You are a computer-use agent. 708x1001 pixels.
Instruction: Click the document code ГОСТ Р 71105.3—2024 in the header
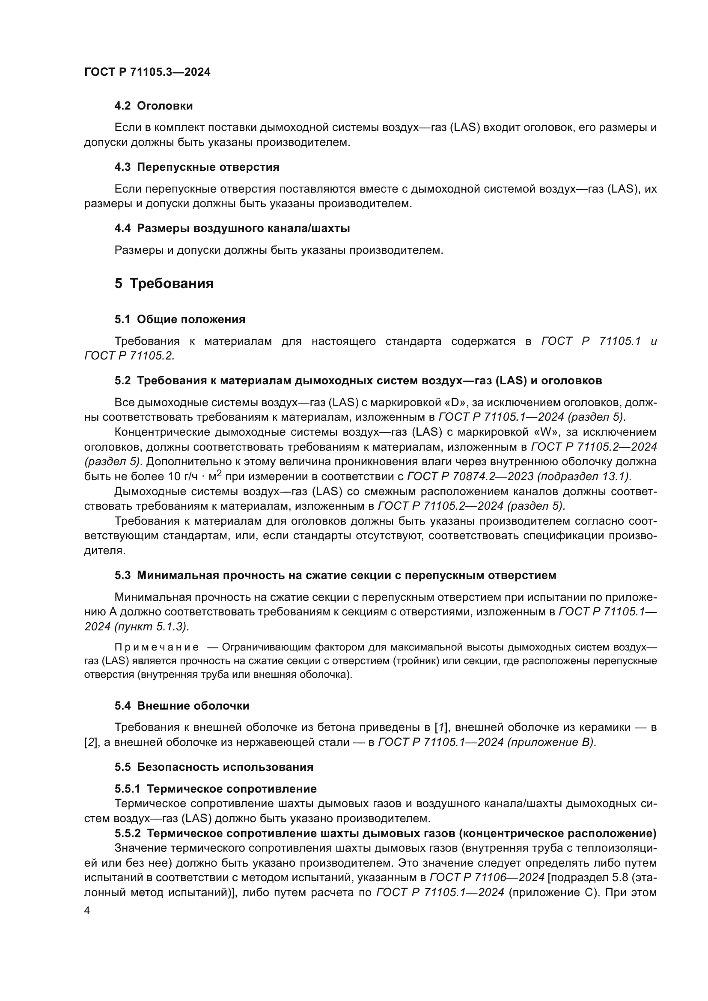point(147,72)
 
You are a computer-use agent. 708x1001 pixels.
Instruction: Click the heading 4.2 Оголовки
point(154,106)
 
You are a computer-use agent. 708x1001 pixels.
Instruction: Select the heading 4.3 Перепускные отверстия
point(196,167)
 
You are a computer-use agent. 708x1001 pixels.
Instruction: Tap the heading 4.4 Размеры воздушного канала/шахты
point(232,228)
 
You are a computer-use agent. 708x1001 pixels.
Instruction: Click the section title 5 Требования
point(164,283)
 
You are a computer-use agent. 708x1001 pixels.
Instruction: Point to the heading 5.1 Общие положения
point(180,319)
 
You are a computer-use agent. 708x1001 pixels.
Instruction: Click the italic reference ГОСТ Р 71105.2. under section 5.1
point(129,356)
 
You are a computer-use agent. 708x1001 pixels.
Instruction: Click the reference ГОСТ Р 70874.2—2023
point(470,476)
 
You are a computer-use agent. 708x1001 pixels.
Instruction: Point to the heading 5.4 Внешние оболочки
point(182,705)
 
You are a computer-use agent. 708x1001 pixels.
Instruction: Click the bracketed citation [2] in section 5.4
point(90,742)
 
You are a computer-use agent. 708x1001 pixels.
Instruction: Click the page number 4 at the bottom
point(87,911)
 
